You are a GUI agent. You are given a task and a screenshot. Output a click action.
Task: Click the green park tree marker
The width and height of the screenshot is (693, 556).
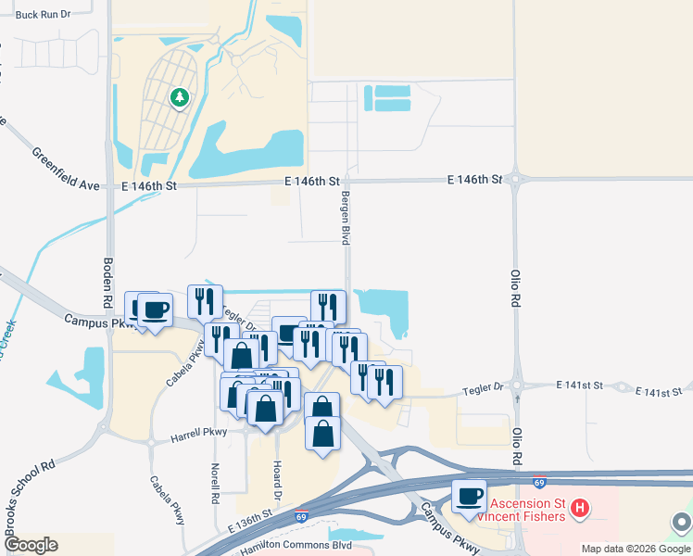[180, 96]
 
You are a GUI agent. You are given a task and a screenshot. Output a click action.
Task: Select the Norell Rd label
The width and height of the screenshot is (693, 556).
[215, 484]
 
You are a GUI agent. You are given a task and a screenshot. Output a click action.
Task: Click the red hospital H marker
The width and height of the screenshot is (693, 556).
[580, 508]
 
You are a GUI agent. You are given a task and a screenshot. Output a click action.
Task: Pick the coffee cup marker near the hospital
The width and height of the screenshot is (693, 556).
[469, 497]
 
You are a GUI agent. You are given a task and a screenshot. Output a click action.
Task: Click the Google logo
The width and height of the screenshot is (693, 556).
[31, 545]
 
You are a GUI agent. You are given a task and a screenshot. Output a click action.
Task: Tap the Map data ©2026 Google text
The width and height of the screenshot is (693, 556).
[635, 549]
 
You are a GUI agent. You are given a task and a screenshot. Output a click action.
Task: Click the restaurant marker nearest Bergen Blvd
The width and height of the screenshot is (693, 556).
[328, 306]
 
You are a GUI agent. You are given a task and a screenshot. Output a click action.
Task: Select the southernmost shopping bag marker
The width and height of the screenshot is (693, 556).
[322, 436]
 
